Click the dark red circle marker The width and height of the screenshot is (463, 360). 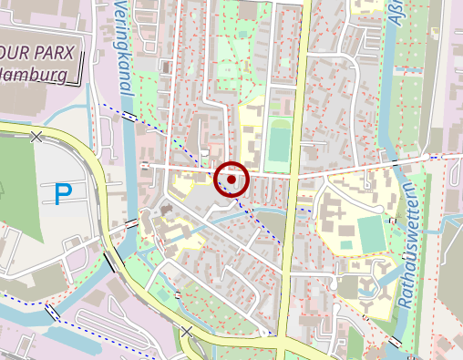(231, 180)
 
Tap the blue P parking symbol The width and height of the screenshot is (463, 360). (63, 193)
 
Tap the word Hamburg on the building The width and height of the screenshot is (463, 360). (36, 75)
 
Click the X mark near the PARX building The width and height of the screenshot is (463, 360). (36, 137)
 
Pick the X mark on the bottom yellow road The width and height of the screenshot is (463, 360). (187, 332)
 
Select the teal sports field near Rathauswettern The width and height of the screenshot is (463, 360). (371, 233)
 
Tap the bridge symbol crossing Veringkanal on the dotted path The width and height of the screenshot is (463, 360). (129, 118)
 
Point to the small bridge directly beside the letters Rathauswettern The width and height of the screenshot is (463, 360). (392, 221)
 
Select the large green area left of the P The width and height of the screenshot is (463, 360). (18, 182)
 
